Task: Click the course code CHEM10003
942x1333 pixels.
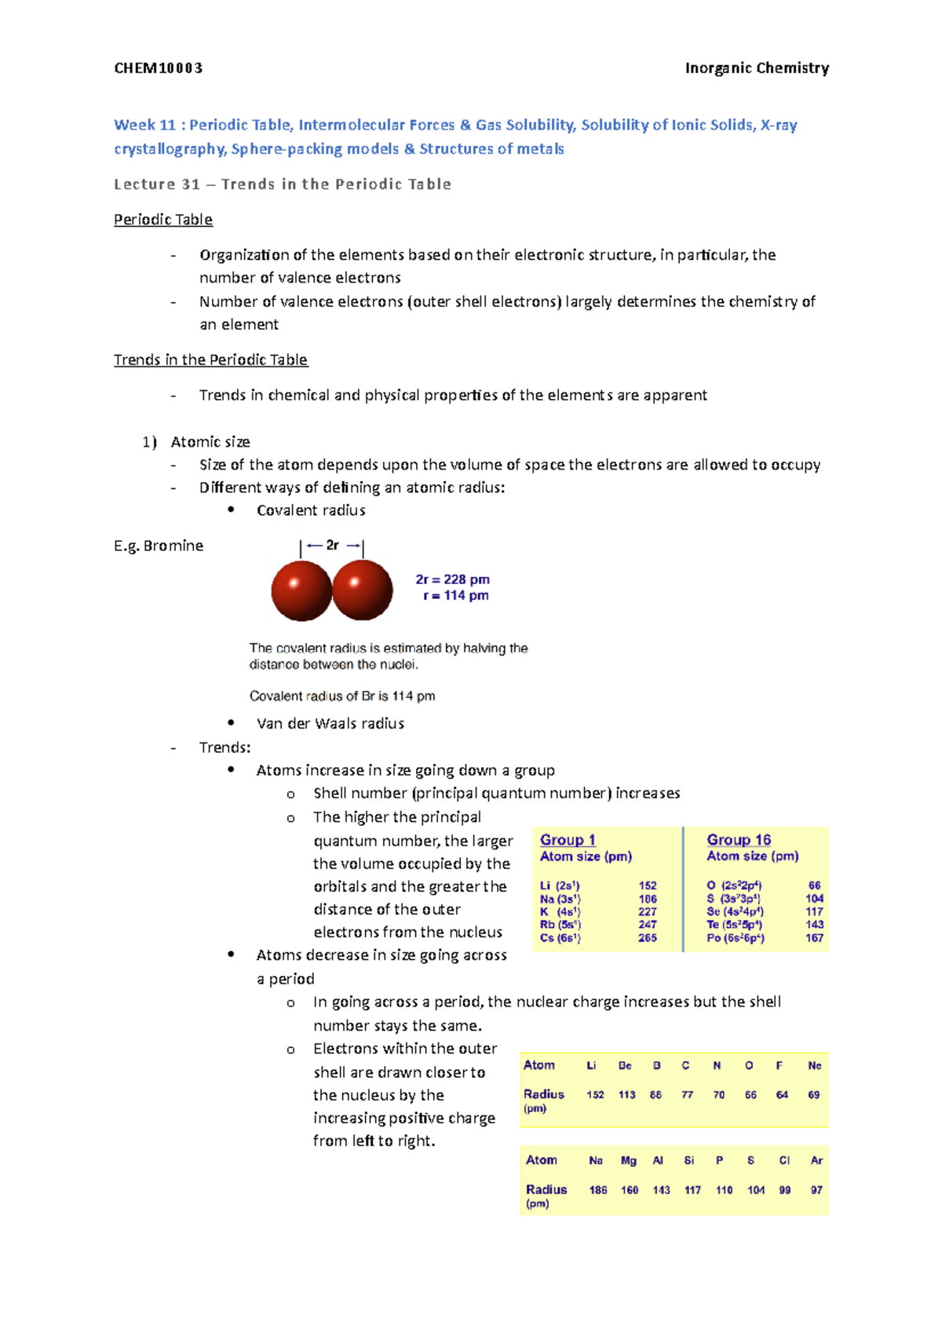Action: click(x=158, y=68)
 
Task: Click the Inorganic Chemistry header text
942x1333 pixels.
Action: click(x=756, y=68)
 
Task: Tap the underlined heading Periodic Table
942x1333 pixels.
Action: click(x=163, y=220)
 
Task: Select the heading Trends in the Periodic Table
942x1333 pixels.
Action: click(x=210, y=360)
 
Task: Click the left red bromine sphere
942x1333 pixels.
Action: click(x=301, y=590)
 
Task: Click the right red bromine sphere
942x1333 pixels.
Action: click(x=363, y=590)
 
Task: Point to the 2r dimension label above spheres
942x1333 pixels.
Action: click(x=332, y=546)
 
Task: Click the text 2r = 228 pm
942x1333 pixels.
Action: click(x=452, y=579)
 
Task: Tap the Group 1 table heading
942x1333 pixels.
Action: click(x=568, y=840)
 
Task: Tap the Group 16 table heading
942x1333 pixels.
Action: click(x=738, y=840)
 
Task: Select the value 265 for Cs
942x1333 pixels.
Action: click(x=647, y=938)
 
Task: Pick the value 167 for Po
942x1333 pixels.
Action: click(x=814, y=938)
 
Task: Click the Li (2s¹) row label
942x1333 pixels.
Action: click(x=560, y=886)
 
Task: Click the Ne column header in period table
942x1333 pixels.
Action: click(x=814, y=1066)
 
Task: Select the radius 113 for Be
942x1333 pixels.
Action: click(x=626, y=1095)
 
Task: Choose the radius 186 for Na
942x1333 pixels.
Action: click(x=597, y=1190)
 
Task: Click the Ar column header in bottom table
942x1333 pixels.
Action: click(x=816, y=1160)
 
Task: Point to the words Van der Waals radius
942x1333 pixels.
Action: click(x=330, y=724)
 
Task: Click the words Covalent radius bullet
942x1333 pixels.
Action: click(x=311, y=511)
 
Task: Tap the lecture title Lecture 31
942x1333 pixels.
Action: click(x=157, y=184)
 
